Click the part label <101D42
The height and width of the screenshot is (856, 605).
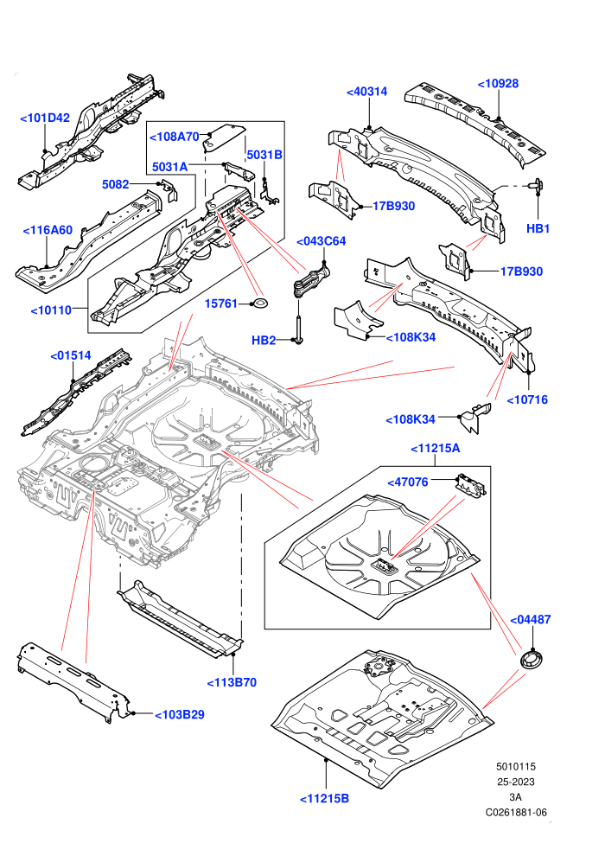(x=45, y=118)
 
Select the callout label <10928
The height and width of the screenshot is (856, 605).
(x=498, y=84)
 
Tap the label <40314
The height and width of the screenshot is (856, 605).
(x=367, y=92)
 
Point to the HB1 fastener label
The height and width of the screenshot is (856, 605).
(x=538, y=229)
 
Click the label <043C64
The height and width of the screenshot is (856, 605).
(x=321, y=241)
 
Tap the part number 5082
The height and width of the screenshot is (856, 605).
(x=116, y=184)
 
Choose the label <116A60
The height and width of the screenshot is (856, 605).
(x=48, y=230)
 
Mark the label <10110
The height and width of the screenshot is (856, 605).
(x=51, y=310)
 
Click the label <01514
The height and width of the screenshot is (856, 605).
(x=70, y=355)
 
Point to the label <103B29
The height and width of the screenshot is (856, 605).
(x=180, y=714)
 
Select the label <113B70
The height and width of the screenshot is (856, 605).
(x=232, y=682)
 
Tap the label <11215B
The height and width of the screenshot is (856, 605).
(x=325, y=799)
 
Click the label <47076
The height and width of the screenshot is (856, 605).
(x=408, y=482)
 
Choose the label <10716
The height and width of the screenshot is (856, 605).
(x=527, y=399)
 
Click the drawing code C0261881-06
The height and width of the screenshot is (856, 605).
(x=516, y=812)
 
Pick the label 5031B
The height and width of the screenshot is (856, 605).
(x=264, y=155)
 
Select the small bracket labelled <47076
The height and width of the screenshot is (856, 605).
(x=470, y=484)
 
